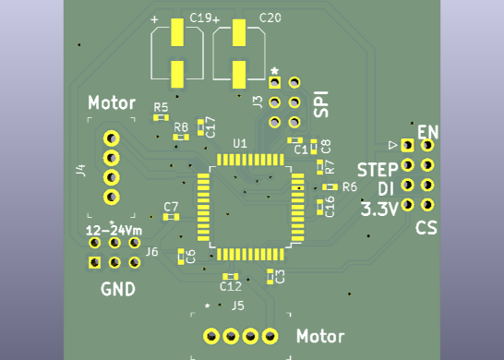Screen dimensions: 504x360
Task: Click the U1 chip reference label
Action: point(240,143)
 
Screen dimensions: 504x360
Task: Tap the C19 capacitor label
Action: point(200,18)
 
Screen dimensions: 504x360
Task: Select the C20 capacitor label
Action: point(270,18)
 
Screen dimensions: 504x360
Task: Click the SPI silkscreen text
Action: point(321,104)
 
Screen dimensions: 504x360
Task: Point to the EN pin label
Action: point(427,132)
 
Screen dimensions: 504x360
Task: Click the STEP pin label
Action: point(378,170)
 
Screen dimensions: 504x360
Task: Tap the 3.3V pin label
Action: point(379,209)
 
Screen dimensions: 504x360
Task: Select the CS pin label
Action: point(426,228)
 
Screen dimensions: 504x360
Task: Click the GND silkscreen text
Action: point(118,289)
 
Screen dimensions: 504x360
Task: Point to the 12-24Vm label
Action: point(114,230)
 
